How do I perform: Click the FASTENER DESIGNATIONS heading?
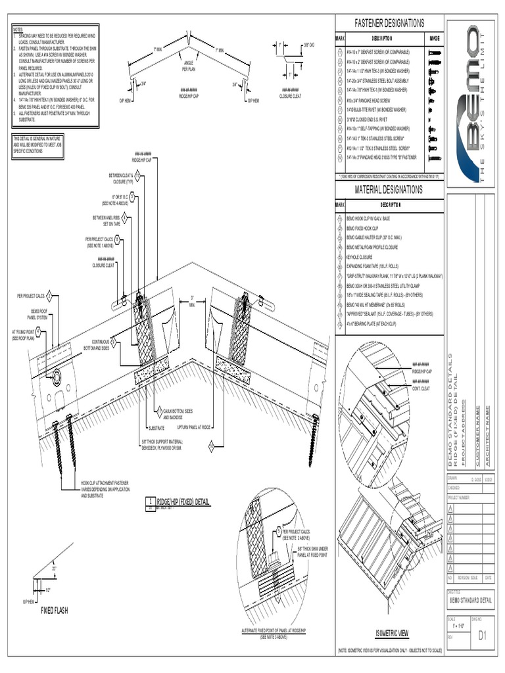389,23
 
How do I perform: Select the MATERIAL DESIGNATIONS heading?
389,190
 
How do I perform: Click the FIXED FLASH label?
55,611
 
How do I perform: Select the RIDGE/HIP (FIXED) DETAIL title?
183,502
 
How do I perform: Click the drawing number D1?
483,635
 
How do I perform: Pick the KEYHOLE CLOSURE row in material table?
360,258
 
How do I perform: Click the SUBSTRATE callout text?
155,427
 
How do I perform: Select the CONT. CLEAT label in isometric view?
421,388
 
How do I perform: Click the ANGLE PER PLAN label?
188,65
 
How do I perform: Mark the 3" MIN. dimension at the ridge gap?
192,300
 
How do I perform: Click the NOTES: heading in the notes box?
18,30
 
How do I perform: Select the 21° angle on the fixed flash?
55,568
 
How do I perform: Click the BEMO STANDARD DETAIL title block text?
470,600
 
